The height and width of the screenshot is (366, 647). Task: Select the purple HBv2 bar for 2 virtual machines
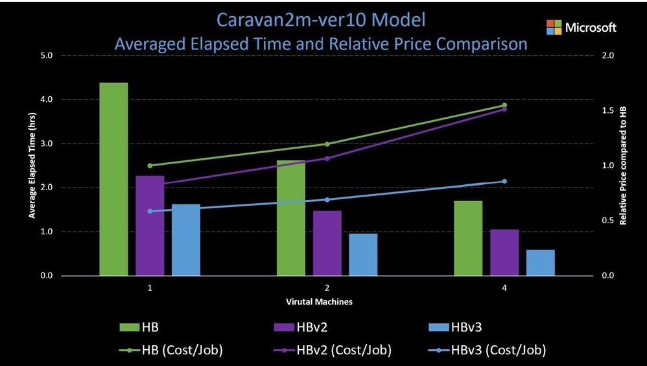click(x=327, y=243)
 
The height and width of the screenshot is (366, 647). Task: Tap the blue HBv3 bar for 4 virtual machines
click(x=541, y=262)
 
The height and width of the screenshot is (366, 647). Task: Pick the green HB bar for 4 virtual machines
click(x=468, y=238)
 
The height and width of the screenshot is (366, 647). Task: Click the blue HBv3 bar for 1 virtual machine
click(x=186, y=239)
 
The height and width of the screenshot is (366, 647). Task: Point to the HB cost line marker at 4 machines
click(x=504, y=105)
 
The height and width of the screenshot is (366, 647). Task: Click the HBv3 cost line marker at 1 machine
click(x=150, y=211)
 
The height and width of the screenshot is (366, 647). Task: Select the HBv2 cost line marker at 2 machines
click(x=327, y=158)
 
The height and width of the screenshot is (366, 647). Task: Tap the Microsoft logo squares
click(x=554, y=27)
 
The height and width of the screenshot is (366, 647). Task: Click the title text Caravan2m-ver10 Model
click(x=322, y=20)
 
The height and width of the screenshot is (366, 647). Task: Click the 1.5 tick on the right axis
click(x=608, y=111)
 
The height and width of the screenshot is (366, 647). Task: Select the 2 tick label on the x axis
click(x=326, y=287)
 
